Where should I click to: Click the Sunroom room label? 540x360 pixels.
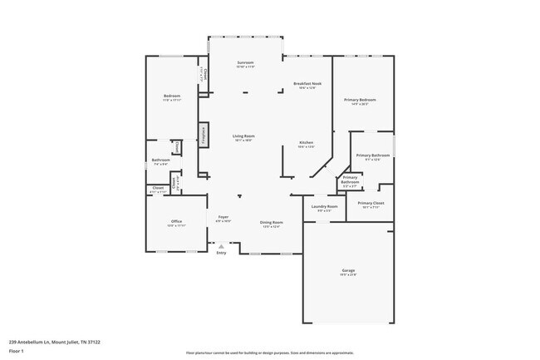[x=245, y=63]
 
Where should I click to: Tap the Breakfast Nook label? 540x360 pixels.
[x=307, y=83]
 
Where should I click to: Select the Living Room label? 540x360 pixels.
[x=243, y=136]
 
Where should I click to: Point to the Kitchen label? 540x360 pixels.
[x=306, y=142]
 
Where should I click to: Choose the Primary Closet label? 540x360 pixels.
[x=371, y=203]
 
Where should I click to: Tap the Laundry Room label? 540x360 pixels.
[x=324, y=206]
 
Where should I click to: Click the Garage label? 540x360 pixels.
[x=348, y=270]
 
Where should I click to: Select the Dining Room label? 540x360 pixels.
[x=272, y=222]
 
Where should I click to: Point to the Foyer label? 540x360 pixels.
[x=223, y=217]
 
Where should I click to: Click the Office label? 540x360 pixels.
[x=176, y=220]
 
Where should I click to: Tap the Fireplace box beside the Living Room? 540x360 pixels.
[x=202, y=135]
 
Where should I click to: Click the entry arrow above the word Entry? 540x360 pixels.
[x=221, y=246]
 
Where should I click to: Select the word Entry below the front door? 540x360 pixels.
[x=221, y=253]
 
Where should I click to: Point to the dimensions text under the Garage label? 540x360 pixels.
[x=348, y=275]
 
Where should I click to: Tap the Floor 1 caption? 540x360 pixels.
[x=17, y=351]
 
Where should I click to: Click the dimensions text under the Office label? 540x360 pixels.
[x=176, y=225]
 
